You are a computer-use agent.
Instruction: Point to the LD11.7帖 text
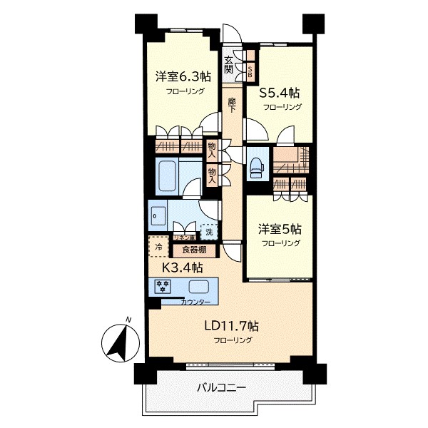(x=232, y=326)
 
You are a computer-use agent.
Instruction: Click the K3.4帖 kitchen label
(x=183, y=267)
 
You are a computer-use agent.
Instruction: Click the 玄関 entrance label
(x=229, y=65)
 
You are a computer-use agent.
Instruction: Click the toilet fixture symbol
(x=255, y=165)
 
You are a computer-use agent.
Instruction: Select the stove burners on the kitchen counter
(x=163, y=287)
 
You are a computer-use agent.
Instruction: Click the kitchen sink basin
(x=199, y=287)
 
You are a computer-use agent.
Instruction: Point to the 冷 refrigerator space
(x=158, y=248)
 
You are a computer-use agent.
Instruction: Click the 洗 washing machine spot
(x=209, y=231)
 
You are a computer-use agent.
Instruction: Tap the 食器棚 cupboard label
(x=194, y=250)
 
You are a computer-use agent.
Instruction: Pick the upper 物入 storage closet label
(x=213, y=150)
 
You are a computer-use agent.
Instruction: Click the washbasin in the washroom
(x=158, y=214)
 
